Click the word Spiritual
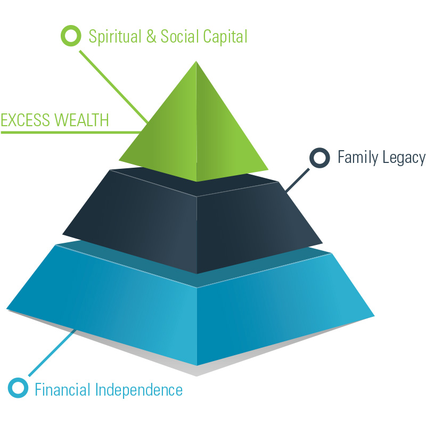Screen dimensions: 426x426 coord(115,37)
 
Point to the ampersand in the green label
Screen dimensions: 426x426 coord(151,36)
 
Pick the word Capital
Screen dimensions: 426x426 coord(225,37)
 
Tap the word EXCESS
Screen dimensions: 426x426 coord(26,120)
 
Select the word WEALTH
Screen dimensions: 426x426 coord(81,120)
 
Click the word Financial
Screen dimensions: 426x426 coord(62,390)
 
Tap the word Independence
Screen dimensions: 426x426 coord(139,390)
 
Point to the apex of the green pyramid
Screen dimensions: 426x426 coord(196,61)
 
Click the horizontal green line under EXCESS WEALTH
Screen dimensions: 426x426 coord(71,133)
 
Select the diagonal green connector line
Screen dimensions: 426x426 coord(113,87)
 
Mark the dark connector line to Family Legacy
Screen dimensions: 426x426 coord(297,180)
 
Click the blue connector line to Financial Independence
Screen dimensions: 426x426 coord(52,353)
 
